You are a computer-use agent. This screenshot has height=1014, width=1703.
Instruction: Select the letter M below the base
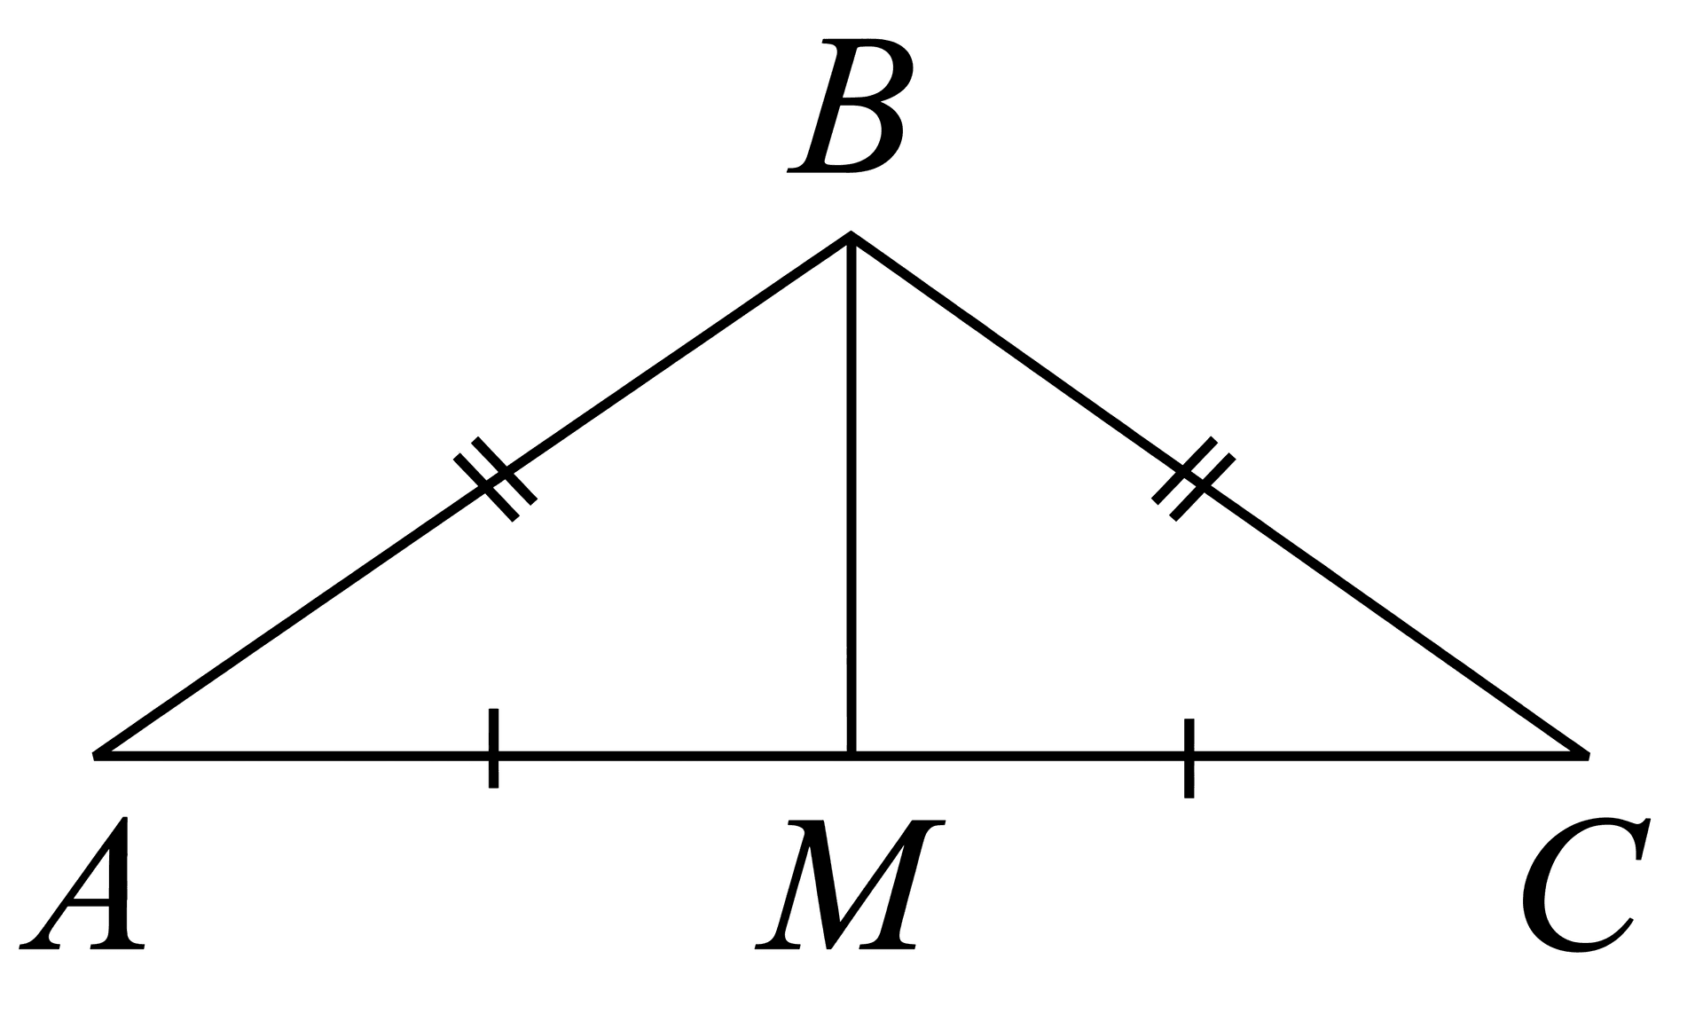850,884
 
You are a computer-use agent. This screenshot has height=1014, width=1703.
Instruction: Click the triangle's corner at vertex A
94,756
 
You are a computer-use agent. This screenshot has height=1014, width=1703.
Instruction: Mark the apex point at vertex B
851,234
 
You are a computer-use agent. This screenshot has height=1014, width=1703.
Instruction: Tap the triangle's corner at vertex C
1589,756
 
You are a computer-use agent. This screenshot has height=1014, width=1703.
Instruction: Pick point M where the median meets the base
851,756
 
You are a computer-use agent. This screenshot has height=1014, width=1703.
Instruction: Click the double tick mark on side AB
496,479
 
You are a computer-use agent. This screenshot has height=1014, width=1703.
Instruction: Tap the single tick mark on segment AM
493,748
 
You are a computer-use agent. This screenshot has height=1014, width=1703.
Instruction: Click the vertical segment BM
851,495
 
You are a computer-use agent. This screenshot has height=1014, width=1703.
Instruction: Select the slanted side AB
472,495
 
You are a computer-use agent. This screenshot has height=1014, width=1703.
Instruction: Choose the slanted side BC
1220,495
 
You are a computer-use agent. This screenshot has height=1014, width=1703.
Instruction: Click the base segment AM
473,756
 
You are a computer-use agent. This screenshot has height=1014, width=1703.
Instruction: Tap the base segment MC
1220,756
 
